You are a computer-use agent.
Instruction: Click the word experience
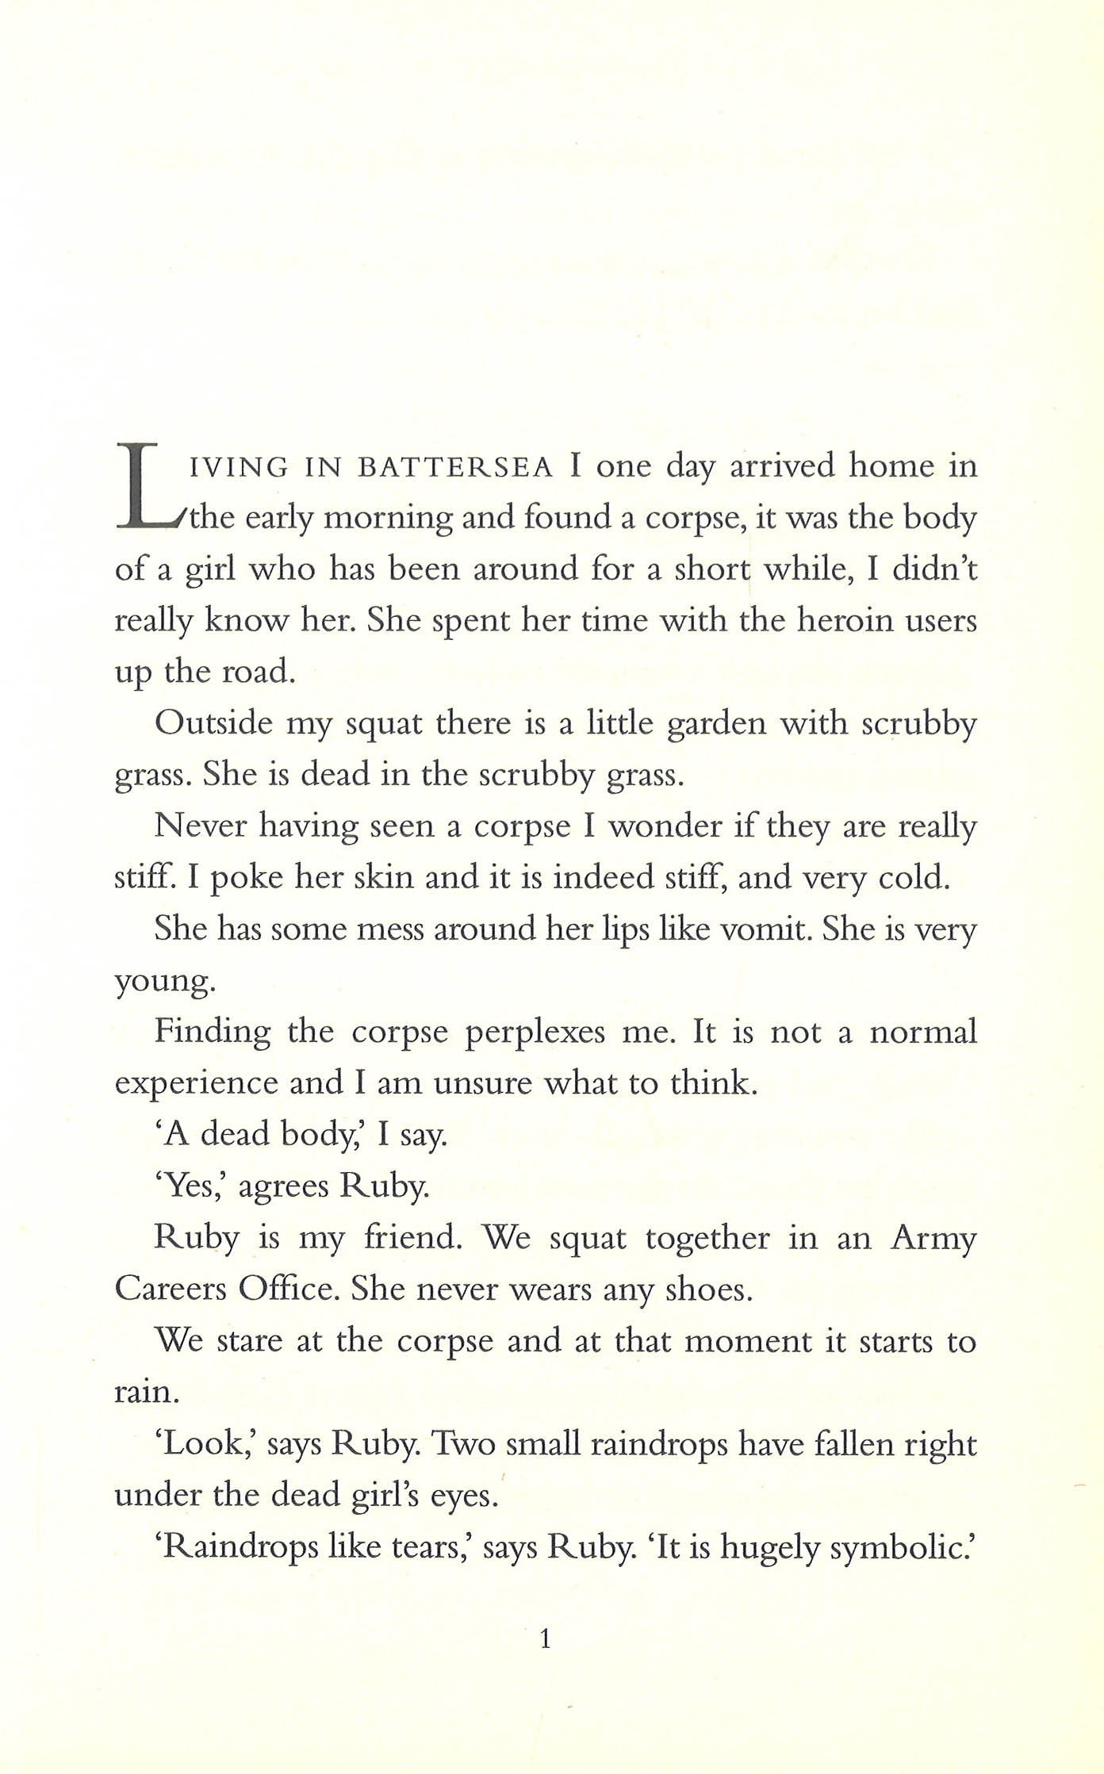pyautogui.click(x=196, y=1085)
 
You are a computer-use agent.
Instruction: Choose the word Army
pyautogui.click(x=933, y=1240)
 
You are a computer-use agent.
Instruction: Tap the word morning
pyautogui.click(x=389, y=519)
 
